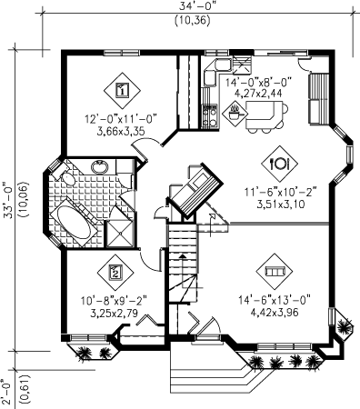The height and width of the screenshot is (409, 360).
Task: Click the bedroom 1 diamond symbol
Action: (x=122, y=90)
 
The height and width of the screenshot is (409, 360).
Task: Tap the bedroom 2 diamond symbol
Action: (x=115, y=272)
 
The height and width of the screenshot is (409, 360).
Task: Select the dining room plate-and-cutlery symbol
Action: (x=280, y=164)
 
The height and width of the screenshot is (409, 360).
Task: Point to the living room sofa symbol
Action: (x=275, y=272)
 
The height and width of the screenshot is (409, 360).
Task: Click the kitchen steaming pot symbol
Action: (x=235, y=113)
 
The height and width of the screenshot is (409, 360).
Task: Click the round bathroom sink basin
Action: (x=100, y=166)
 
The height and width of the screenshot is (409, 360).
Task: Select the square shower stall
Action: (x=120, y=234)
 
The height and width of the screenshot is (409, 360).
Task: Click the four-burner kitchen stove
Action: (x=210, y=116)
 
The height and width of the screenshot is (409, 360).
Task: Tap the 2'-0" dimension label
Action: (x=8, y=392)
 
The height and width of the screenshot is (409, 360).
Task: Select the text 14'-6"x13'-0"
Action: (x=275, y=300)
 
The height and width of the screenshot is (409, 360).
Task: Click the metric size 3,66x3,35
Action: (x=121, y=131)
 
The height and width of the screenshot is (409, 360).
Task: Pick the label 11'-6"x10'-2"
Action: (x=281, y=193)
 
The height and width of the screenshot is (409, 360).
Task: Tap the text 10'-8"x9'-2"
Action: (x=114, y=301)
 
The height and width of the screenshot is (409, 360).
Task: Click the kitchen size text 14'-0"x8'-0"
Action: (x=258, y=82)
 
